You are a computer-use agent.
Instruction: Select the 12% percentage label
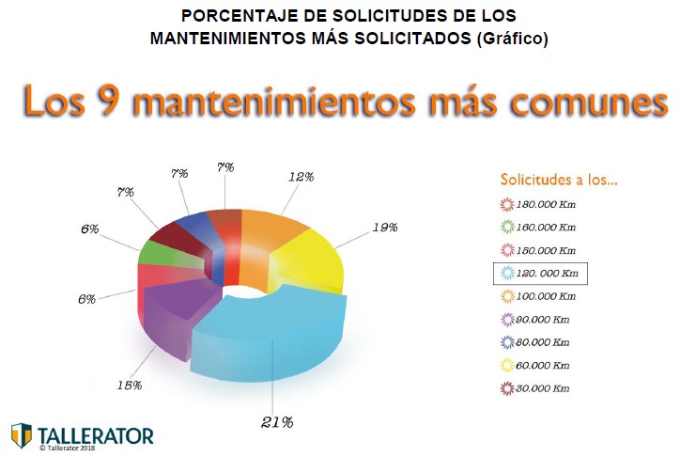pos(300,176)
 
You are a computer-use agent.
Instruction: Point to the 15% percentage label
pos(129,385)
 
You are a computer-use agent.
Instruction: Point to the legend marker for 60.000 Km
pos(507,366)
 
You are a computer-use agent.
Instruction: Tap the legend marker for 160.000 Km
pos(507,228)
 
